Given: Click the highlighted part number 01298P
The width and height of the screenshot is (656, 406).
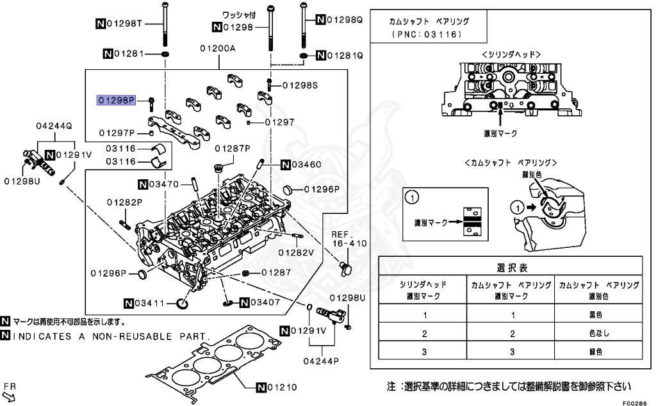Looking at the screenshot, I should coord(116,100).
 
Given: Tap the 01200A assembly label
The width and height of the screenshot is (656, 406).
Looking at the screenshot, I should coord(218,48).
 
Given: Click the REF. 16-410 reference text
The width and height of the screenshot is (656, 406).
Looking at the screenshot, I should coord(350,239).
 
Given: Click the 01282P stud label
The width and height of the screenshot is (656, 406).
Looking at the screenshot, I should coord(125,202).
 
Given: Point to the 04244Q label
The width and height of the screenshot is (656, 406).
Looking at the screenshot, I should coord(54,126).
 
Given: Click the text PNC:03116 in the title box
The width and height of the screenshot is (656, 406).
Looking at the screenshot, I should coord(429,33).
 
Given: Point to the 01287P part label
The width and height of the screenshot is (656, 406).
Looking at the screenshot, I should coord(233,149).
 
